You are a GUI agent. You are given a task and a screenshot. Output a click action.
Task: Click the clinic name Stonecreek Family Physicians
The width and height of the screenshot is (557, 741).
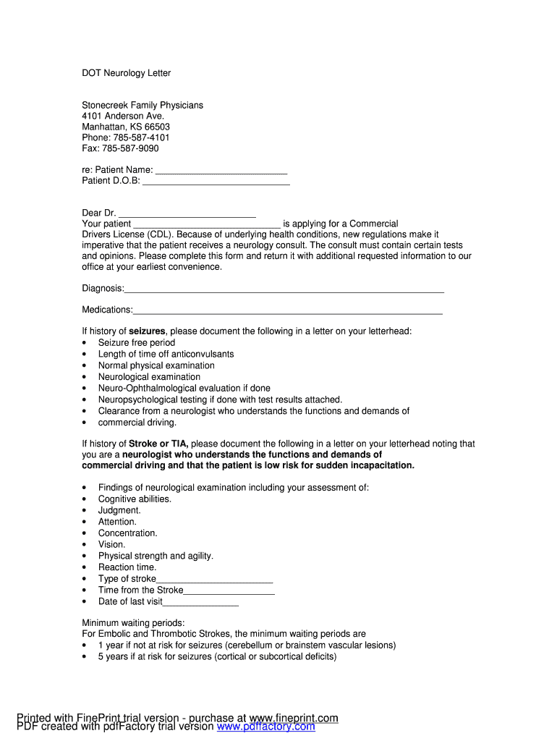[143, 105]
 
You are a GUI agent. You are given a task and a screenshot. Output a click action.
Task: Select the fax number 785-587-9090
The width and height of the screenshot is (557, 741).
[130, 148]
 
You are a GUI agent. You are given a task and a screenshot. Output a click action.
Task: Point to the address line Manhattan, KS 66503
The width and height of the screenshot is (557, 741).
[126, 127]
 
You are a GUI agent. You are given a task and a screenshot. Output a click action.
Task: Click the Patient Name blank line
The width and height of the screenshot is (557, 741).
[221, 172]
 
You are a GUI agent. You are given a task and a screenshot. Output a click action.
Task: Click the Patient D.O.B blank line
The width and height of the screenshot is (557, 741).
[216, 182]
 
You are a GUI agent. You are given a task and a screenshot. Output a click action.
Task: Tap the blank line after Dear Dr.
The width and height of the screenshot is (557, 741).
[187, 215]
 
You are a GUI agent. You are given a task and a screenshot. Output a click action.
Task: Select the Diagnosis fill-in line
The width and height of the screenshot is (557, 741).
[284, 290]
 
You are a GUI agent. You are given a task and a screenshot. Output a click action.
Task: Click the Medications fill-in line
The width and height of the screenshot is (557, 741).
[287, 312]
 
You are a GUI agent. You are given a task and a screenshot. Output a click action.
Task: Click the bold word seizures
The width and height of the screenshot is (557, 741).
[147, 331]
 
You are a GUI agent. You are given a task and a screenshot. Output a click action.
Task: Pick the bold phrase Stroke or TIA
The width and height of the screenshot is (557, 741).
[158, 444]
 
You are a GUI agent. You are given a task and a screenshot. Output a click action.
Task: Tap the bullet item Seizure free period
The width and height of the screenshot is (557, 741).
[137, 342]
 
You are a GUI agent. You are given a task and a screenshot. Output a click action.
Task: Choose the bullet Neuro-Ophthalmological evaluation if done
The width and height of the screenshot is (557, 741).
[184, 388]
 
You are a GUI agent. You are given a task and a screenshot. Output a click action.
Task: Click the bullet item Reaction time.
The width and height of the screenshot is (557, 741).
[127, 567]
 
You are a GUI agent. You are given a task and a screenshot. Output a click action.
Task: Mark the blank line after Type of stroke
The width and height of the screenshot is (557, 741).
[214, 580]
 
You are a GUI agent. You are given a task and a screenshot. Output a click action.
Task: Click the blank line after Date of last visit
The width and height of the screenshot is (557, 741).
[200, 604]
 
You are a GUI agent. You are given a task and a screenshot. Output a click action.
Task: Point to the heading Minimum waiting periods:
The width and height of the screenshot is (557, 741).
[133, 622]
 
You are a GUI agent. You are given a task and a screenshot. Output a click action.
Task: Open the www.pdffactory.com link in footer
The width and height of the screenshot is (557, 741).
[265, 727]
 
